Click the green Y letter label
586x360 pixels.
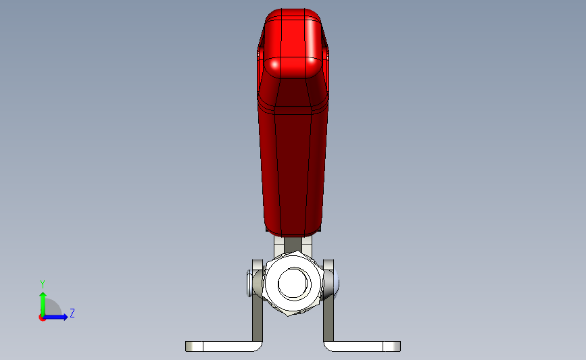pos(42,284)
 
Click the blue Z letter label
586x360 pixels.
pos(72,313)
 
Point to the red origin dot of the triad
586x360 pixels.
pos(42,317)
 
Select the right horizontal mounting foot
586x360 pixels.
pos(362,346)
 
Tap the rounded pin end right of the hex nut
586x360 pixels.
pos(337,284)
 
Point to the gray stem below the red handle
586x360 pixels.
pos(293,243)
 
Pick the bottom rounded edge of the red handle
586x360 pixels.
pos(293,230)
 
